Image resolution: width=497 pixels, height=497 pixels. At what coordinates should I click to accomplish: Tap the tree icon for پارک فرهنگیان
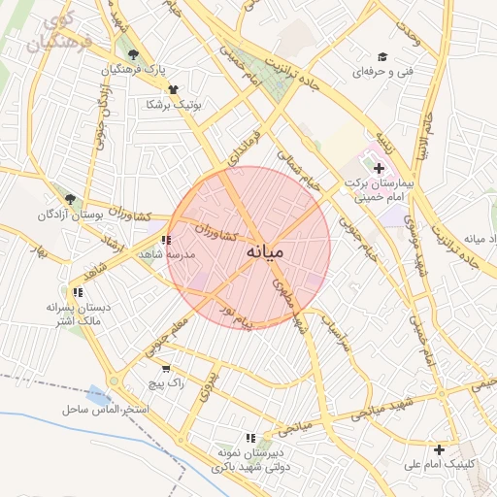(133, 54)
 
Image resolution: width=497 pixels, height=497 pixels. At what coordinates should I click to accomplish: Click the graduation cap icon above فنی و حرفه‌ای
(382, 57)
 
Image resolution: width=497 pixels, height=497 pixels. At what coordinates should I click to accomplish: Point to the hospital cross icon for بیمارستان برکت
(379, 169)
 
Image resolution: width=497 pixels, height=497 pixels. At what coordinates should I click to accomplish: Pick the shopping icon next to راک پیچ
(166, 369)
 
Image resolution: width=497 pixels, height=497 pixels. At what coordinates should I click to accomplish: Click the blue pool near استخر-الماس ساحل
(98, 395)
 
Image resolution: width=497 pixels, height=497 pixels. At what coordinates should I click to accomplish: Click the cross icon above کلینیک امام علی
(440, 449)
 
